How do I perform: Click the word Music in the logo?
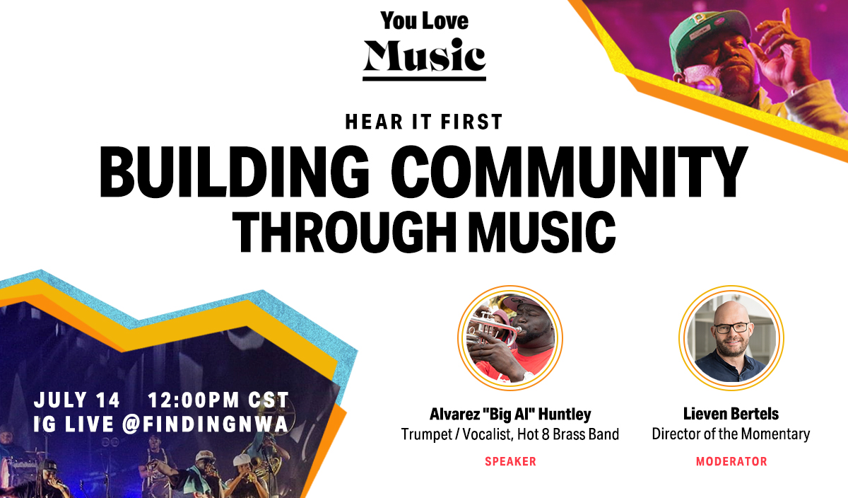tap(425, 55)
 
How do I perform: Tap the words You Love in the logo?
tap(425, 21)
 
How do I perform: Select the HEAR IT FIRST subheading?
tap(424, 122)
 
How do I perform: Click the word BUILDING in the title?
tap(235, 172)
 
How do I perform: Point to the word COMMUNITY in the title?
tap(570, 172)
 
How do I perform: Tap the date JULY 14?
tap(77, 400)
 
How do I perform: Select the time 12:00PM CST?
tap(218, 400)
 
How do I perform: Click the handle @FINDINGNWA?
tap(206, 424)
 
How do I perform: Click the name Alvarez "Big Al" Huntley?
tap(510, 414)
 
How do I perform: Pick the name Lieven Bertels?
tap(731, 414)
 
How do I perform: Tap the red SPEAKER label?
tap(510, 461)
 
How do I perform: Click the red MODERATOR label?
tap(731, 461)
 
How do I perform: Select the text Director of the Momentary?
tap(731, 434)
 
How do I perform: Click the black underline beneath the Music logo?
tap(425, 79)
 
